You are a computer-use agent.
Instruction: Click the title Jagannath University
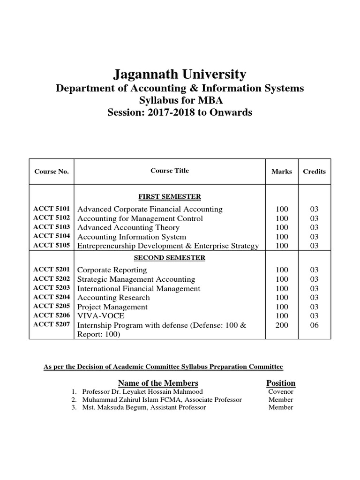[x=180, y=74]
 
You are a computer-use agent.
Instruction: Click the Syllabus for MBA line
[x=180, y=100]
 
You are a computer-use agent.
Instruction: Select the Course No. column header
[x=52, y=172]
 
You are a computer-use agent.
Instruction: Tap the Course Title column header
[x=170, y=171]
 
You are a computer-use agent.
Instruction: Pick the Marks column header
[x=282, y=172]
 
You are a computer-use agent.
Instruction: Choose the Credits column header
[x=314, y=172]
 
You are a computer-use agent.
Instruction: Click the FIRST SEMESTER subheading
[x=169, y=196]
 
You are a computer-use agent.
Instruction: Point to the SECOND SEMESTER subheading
[x=169, y=258]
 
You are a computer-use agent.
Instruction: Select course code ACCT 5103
[x=52, y=227]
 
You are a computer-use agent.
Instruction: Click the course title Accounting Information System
[x=131, y=237]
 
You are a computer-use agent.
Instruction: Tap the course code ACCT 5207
[x=52, y=325]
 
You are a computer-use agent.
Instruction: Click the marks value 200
[x=282, y=325]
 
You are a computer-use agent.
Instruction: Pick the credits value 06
[x=314, y=325]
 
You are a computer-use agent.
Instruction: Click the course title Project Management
[x=112, y=307]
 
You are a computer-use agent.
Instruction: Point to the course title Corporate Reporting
[x=112, y=270]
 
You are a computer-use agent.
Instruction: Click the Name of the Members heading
[x=158, y=383]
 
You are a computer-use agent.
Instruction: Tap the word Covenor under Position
[x=281, y=391]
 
